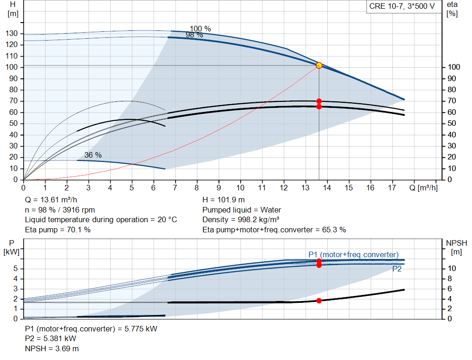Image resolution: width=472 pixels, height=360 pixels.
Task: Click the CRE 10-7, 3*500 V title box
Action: (x=401, y=6)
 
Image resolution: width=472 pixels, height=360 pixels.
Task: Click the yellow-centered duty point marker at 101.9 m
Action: (x=319, y=65)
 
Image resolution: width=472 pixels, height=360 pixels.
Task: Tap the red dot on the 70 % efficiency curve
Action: (x=319, y=101)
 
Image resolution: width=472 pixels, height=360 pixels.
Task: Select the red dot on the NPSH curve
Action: (x=319, y=301)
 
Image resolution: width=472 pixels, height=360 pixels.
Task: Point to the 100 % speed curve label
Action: (x=200, y=29)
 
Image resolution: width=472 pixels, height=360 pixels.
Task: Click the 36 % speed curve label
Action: (x=93, y=155)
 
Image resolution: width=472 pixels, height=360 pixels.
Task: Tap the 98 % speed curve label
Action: (x=194, y=35)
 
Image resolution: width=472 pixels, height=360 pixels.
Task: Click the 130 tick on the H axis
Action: (x=12, y=34)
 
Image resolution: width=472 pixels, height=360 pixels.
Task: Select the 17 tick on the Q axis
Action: (x=392, y=188)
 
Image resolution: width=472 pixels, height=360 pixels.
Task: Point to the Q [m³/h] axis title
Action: (x=424, y=188)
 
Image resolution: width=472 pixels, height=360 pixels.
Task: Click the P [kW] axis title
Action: (x=10, y=247)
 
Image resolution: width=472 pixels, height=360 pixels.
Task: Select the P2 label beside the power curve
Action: (x=397, y=269)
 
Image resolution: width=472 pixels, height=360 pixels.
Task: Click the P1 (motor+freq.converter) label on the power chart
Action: (x=353, y=254)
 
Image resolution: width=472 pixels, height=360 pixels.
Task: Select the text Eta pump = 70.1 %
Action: (x=58, y=230)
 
